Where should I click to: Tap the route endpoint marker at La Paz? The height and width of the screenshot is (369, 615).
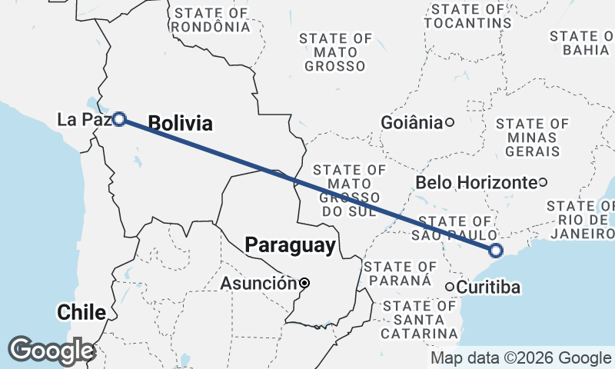[119, 119]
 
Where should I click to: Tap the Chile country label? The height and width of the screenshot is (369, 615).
[80, 312]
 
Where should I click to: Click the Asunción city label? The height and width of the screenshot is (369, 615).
[258, 284]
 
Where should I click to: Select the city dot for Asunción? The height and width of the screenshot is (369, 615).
[304, 283]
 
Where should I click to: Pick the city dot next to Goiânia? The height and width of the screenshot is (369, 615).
[450, 121]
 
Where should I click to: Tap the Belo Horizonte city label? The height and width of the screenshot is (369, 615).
[475, 182]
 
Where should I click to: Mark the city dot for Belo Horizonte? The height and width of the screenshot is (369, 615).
[543, 182]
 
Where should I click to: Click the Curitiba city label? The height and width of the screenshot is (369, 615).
[489, 288]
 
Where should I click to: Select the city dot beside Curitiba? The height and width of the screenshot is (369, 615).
[450, 287]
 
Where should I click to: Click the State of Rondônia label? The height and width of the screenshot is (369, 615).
[212, 19]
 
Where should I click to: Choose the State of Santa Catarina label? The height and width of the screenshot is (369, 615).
[420, 319]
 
